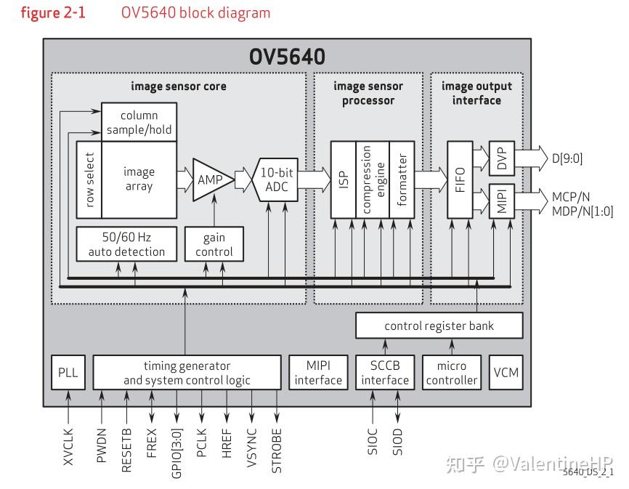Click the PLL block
coord(68,373)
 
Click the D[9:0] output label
coord(568,158)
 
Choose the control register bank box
coord(439,326)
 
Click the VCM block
coord(506,373)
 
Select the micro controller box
coord(450,373)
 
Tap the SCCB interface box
coord(380,373)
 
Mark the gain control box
coord(214,244)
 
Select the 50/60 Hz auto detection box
coord(126,244)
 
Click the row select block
coord(89,179)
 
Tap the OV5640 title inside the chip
coord(287,57)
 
